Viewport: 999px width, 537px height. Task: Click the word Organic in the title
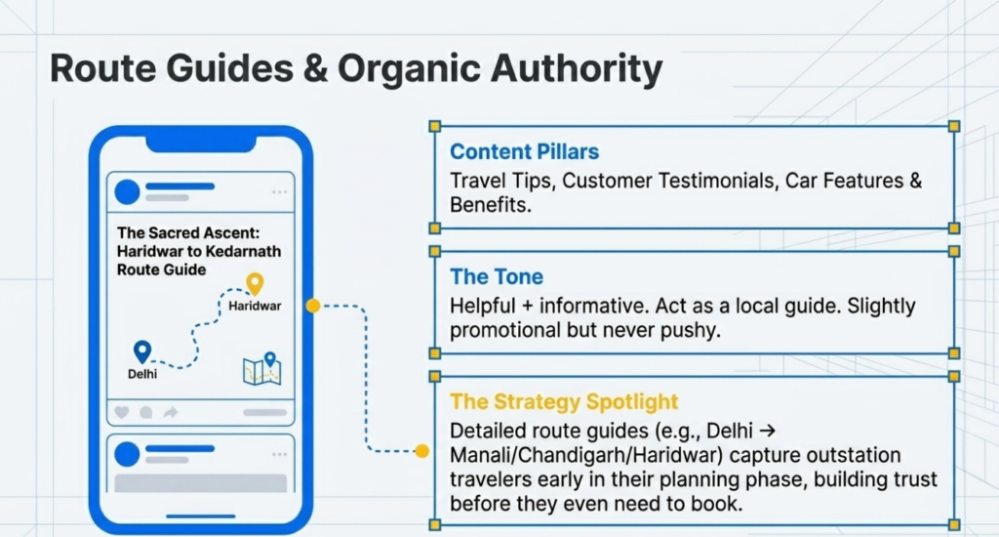409,69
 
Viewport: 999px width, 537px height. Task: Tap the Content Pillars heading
524,151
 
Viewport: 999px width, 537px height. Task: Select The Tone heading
497,276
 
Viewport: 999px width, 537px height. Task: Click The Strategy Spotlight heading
564,402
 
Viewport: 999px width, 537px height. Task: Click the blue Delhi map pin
142,351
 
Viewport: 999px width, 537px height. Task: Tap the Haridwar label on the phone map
255,307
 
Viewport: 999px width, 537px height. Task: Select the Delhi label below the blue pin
142,374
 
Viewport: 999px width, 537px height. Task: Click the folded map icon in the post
261,369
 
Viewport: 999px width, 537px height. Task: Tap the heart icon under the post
122,413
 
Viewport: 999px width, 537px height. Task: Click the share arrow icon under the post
170,413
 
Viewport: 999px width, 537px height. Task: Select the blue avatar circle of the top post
128,192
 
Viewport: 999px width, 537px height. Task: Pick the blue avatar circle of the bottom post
128,454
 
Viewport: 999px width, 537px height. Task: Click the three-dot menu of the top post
279,192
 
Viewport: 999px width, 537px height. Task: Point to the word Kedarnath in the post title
243,251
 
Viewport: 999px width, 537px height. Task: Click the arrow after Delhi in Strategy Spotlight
768,432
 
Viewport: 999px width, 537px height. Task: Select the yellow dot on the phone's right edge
313,307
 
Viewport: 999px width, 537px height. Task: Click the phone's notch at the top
201,145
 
